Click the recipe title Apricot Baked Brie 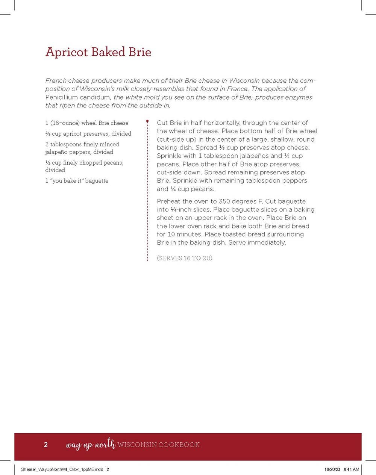click(98, 52)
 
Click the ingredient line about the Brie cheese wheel click(87, 123)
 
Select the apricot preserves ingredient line click(88, 133)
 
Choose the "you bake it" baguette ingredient click(77, 181)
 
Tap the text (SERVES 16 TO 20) click(185, 258)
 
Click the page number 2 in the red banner click(46, 445)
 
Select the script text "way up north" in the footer click(90, 444)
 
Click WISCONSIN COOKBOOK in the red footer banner click(159, 445)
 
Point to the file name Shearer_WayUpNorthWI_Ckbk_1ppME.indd click(62, 469)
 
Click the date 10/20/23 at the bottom click(332, 469)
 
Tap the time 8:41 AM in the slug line click(352, 469)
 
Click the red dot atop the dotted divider click(147, 121)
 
